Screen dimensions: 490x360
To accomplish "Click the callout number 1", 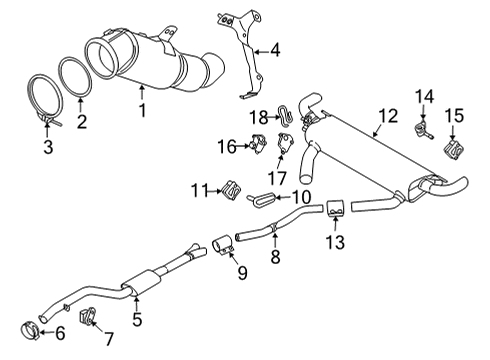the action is (x=143, y=110).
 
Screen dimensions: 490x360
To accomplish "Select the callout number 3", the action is (x=48, y=147).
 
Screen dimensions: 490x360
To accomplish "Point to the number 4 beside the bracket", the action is (x=275, y=51).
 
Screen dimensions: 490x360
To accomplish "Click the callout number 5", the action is (x=137, y=319).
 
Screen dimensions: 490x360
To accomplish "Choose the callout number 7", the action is (x=109, y=339).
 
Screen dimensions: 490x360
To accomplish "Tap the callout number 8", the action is (x=275, y=257).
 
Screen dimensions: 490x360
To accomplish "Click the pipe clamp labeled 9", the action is (x=223, y=246).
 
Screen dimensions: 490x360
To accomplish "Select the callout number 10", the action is (x=301, y=197).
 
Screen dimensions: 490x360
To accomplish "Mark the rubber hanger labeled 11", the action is (x=231, y=190).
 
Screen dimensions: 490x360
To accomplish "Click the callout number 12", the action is (x=388, y=116).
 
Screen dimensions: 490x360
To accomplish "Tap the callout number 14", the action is (x=424, y=97).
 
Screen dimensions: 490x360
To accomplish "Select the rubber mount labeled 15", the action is (x=453, y=150).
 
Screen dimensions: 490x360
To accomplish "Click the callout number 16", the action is (x=227, y=147).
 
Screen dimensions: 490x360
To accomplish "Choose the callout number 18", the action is (x=259, y=117).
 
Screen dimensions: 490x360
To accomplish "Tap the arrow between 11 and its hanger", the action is (x=214, y=191).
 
